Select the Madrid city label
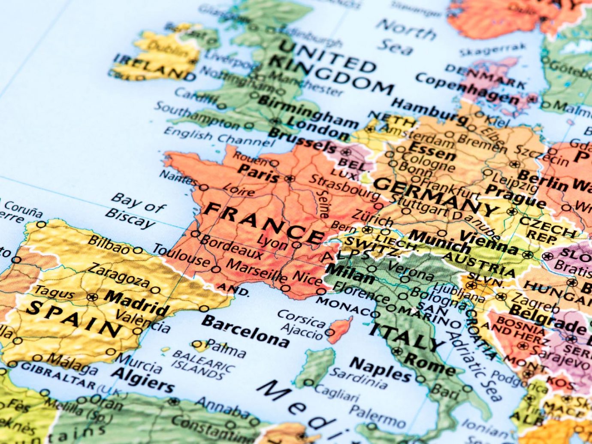click(137, 302)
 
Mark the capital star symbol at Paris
click(290, 178)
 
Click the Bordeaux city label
click(231, 247)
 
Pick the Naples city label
click(380, 369)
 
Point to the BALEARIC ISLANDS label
click(203, 364)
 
